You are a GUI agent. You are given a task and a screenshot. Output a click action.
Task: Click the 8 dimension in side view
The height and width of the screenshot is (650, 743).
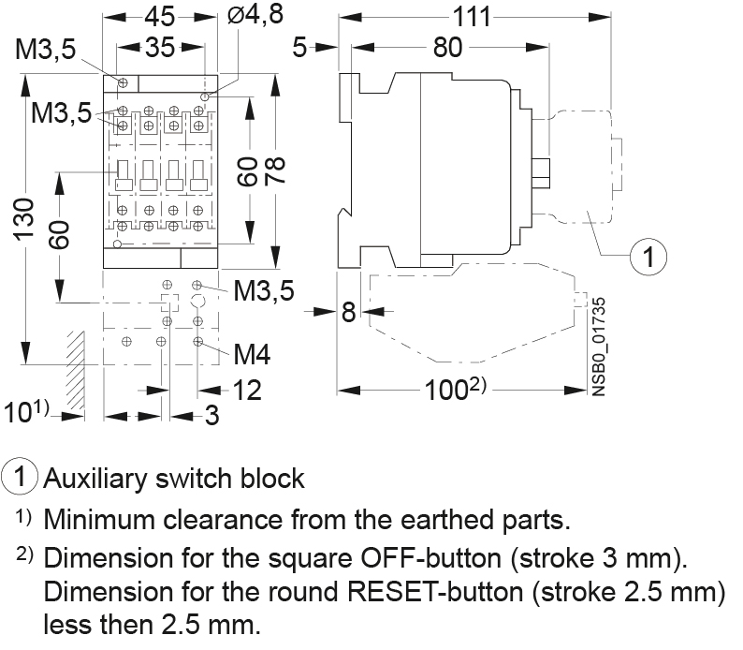point(348,312)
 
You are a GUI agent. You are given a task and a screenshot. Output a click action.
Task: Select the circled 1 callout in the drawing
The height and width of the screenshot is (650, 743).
point(647,255)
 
